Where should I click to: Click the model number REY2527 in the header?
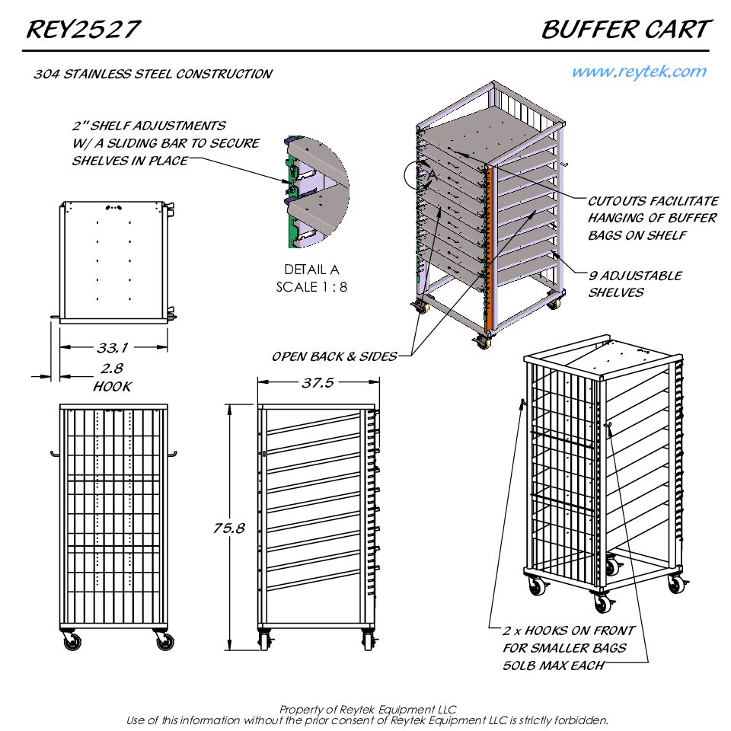(x=83, y=30)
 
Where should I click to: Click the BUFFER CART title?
(x=627, y=30)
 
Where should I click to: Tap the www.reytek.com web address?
(x=639, y=72)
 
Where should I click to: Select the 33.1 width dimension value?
(x=113, y=348)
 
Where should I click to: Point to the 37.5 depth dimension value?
(x=318, y=383)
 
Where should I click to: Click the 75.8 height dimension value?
(x=229, y=528)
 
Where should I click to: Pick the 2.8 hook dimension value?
(x=112, y=369)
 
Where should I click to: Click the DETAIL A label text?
(x=312, y=270)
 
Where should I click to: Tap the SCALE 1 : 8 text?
(x=311, y=287)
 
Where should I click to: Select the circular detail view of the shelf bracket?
(x=316, y=192)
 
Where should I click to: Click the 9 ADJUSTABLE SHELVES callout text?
(x=634, y=284)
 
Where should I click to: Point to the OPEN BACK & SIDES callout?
(x=334, y=356)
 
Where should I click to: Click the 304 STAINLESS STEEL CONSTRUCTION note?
(x=153, y=74)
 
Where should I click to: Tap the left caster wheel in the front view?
(x=72, y=641)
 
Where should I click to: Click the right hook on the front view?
(x=173, y=454)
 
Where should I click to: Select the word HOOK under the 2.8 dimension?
(x=113, y=387)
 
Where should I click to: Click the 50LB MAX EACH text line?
(x=554, y=666)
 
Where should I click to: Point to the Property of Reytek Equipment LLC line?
(x=367, y=710)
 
